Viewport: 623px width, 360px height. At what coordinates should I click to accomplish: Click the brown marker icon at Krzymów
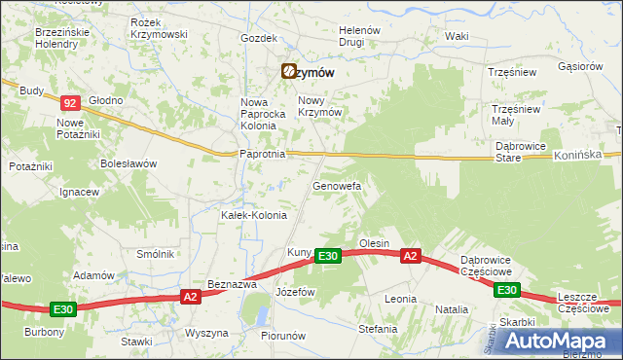tap(289, 71)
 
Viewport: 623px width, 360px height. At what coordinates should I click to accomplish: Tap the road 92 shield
tap(70, 102)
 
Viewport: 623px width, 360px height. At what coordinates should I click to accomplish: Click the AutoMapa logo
tap(560, 340)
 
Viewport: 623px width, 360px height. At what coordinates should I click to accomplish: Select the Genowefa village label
tap(337, 185)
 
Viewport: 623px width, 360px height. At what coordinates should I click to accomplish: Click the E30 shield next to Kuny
tap(328, 256)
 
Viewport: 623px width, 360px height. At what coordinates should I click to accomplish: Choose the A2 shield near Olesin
tap(411, 256)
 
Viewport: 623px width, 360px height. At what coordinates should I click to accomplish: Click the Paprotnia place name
tap(261, 154)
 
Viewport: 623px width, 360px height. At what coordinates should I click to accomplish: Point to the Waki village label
tap(457, 36)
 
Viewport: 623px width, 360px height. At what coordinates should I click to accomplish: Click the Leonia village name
tap(400, 299)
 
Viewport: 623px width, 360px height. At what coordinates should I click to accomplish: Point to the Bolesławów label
tap(128, 163)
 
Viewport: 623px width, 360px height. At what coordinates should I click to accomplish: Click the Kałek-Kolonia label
tap(254, 215)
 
